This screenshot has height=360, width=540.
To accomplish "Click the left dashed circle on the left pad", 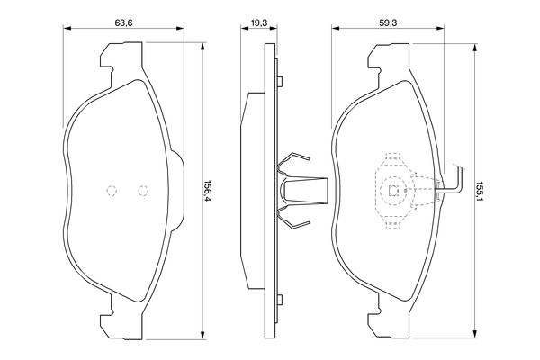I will click(x=112, y=190).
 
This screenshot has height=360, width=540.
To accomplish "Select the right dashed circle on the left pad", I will click(x=142, y=190).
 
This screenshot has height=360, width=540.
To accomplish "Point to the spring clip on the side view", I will click(x=296, y=190).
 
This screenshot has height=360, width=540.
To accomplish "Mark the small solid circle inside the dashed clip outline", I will click(x=392, y=190).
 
